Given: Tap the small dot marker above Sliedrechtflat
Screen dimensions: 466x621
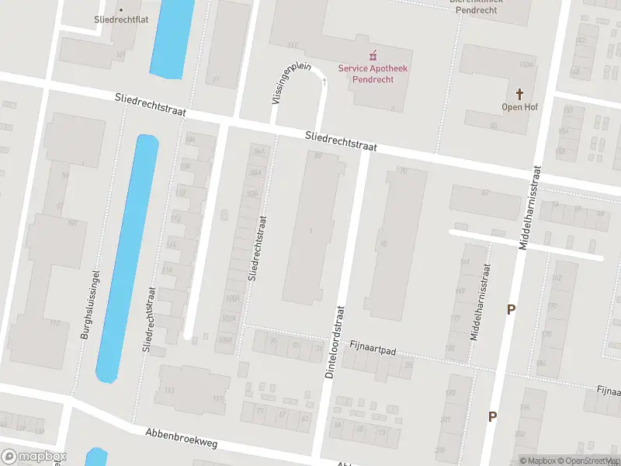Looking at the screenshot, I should click(x=120, y=10).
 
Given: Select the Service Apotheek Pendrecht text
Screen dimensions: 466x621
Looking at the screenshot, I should click(x=373, y=74).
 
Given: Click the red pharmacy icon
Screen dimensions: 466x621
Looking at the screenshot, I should click(x=373, y=54).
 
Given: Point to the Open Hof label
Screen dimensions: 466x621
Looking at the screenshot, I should click(x=520, y=107).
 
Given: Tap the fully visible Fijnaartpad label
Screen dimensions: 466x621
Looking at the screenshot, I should click(x=373, y=350).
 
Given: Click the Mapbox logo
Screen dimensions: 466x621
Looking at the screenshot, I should click(x=33, y=457).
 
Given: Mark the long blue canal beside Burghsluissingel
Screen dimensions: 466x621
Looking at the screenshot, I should click(x=127, y=256).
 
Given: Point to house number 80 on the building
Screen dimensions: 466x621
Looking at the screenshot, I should click(x=317, y=156).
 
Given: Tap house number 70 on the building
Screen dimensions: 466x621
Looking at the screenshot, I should click(x=403, y=171).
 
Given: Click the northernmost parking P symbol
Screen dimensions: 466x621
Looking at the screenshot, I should click(x=511, y=309).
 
